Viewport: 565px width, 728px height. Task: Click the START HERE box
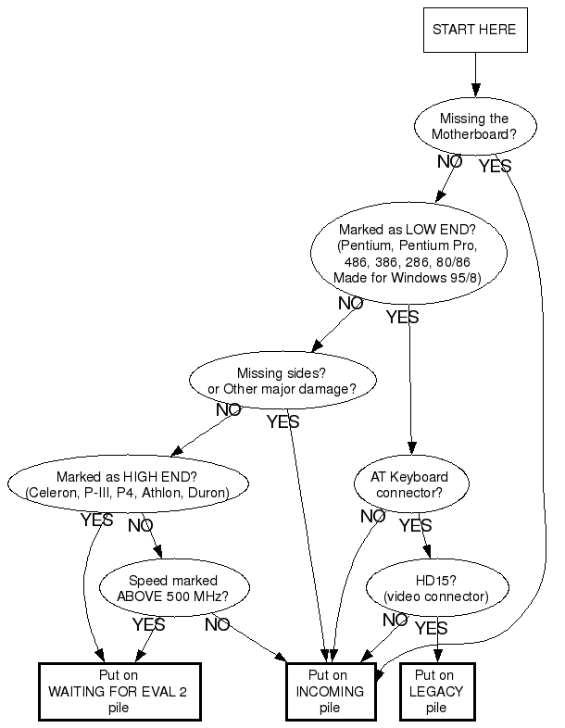(475, 30)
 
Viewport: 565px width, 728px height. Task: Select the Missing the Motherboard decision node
(473, 126)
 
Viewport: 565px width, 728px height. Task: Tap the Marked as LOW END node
(408, 253)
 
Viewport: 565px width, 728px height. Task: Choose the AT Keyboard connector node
(414, 484)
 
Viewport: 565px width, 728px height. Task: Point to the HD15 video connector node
(437, 587)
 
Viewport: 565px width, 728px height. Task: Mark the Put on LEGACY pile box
(436, 691)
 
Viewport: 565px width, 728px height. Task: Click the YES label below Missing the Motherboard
(495, 166)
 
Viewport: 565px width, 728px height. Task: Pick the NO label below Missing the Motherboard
(450, 161)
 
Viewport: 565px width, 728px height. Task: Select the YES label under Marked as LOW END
(402, 318)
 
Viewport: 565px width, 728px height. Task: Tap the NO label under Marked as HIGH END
(141, 525)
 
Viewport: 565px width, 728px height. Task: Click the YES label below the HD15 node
(431, 629)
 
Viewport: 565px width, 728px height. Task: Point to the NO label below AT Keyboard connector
(372, 516)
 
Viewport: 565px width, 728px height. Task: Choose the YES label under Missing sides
(283, 422)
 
